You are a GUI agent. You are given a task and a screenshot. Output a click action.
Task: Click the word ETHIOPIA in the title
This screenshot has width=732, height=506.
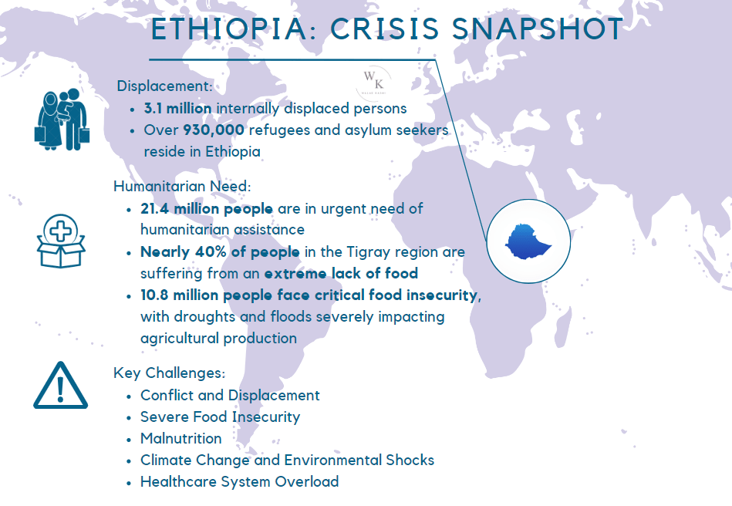(230, 29)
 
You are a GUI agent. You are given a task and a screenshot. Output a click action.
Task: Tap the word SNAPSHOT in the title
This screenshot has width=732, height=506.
(538, 29)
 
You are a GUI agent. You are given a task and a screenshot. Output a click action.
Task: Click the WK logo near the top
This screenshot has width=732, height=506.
(373, 82)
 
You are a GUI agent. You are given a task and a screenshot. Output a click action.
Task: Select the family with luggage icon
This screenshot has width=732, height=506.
(62, 120)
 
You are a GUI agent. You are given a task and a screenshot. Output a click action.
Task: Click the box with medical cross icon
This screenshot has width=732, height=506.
(61, 241)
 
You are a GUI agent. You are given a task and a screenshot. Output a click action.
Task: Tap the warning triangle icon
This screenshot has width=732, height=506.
(60, 385)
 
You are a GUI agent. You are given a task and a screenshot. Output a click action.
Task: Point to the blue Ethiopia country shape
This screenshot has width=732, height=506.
(528, 241)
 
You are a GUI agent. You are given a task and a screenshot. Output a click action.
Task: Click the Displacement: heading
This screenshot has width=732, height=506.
(165, 86)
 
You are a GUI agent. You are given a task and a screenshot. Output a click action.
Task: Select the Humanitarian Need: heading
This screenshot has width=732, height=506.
(182, 186)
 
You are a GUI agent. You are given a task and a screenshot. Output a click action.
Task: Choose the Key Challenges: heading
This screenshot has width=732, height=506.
(170, 373)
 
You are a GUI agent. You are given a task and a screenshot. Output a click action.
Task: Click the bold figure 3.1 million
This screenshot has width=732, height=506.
(178, 108)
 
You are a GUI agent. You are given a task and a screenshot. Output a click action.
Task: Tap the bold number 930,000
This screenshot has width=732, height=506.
(214, 130)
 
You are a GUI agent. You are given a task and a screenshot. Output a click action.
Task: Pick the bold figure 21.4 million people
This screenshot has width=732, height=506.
(207, 209)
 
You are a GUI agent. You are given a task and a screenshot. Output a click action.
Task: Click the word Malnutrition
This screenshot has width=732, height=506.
(181, 439)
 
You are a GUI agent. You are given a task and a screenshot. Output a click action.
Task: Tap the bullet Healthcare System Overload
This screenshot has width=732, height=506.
(239, 482)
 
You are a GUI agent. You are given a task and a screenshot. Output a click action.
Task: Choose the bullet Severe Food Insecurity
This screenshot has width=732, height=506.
(221, 417)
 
